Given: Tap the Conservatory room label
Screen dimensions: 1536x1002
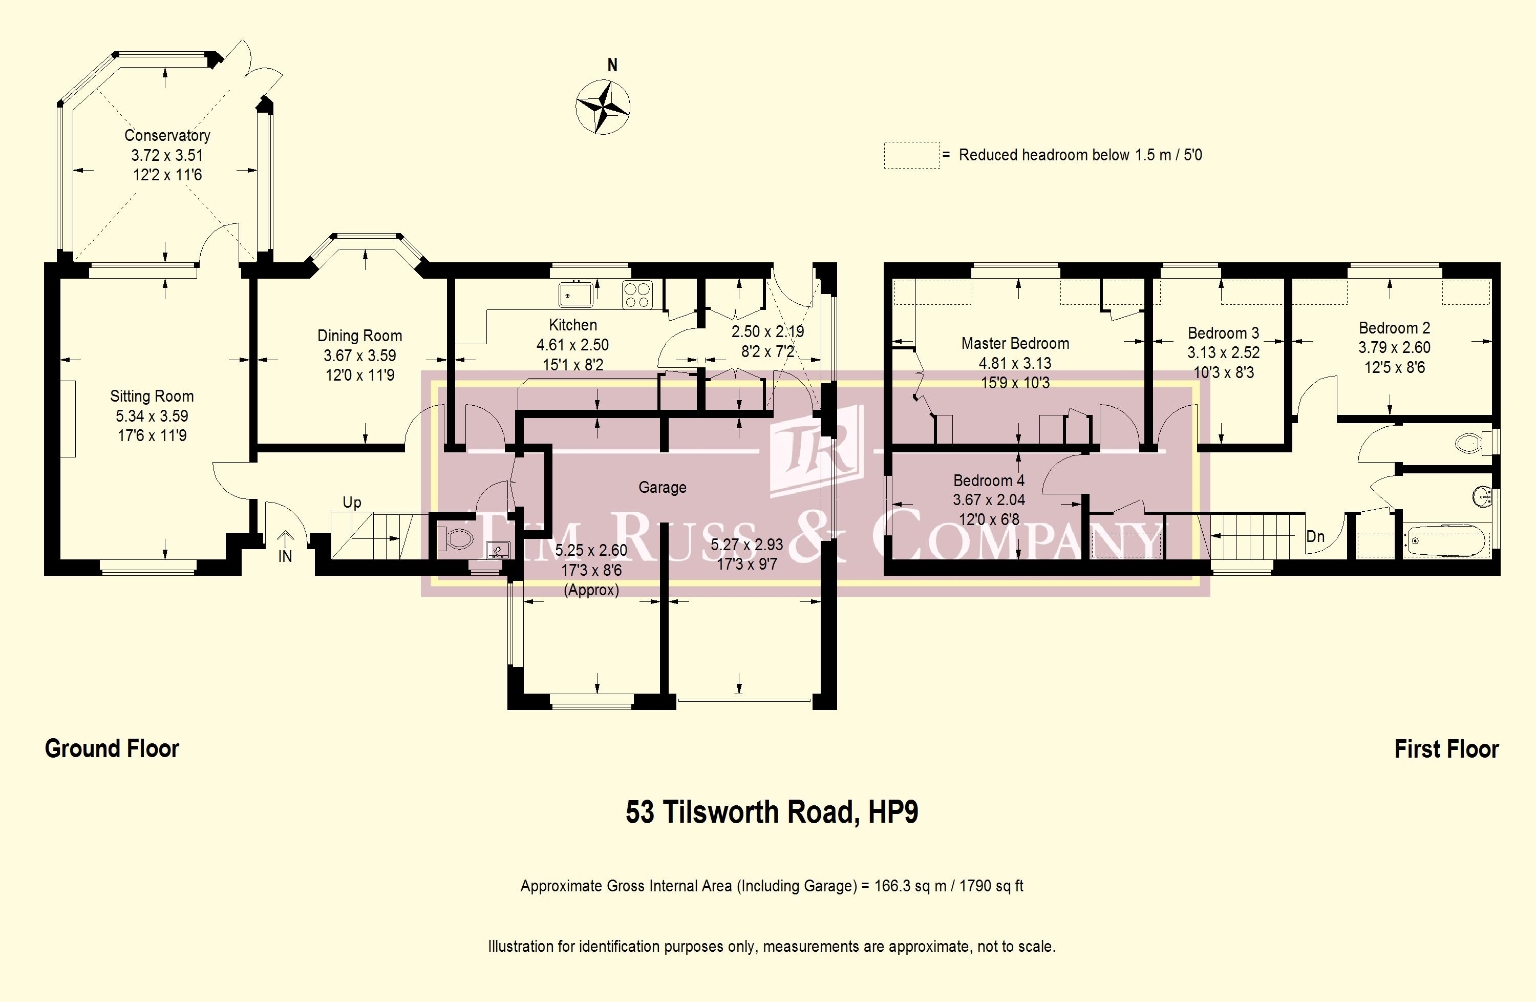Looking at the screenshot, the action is (x=167, y=136).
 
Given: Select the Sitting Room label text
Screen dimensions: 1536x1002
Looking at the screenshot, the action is (x=152, y=396).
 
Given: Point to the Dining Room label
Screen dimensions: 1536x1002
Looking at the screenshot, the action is (x=359, y=336).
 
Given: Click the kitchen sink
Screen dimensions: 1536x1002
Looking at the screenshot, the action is (x=575, y=295).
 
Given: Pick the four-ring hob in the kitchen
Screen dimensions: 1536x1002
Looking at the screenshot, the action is (x=637, y=295).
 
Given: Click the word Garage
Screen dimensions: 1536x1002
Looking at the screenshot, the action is (x=662, y=488).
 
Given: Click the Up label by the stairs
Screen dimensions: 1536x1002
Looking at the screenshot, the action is (x=352, y=503).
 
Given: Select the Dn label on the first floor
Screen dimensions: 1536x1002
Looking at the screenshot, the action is (x=1315, y=536).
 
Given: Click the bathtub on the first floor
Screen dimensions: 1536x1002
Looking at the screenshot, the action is (x=1446, y=541).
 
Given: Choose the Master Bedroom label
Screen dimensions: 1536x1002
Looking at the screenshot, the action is (x=1015, y=343).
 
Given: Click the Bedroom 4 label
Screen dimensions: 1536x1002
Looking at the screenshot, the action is (x=989, y=481).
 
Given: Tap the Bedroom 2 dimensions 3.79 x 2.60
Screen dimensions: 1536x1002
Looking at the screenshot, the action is (x=1394, y=347).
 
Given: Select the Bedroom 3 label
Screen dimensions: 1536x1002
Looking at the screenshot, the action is (x=1223, y=333).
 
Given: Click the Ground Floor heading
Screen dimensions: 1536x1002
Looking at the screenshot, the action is (x=112, y=749).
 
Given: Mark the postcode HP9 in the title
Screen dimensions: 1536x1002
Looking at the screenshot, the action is (x=893, y=812).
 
